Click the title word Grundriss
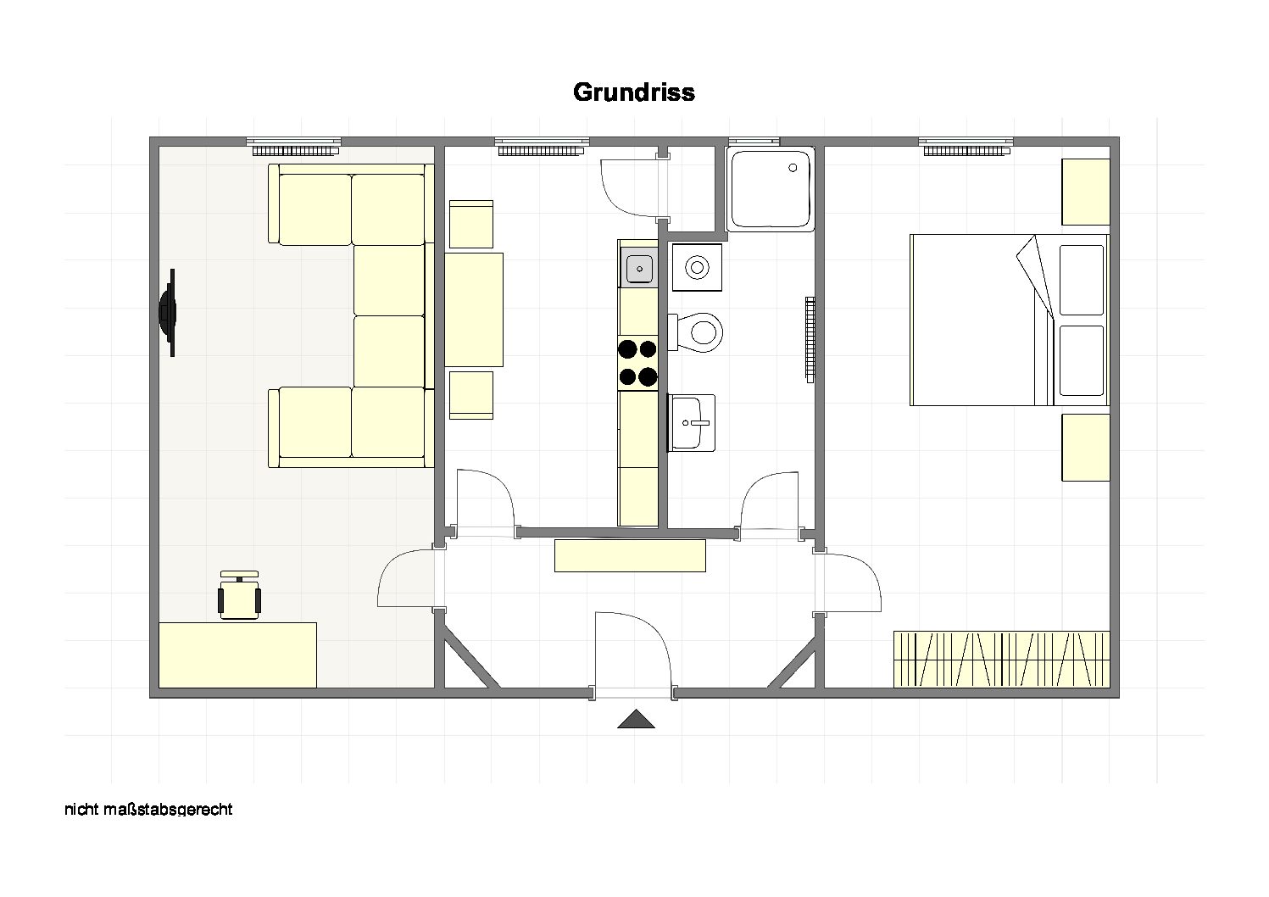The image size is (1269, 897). point(634,92)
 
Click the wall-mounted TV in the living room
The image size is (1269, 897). point(168,312)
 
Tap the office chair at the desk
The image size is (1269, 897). point(239,595)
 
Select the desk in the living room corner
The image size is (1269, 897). point(237,655)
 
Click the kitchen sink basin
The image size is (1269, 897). point(640,269)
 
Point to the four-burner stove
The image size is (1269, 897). point(638,363)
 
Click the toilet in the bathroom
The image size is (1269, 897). point(696,332)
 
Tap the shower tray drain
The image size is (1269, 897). point(793,168)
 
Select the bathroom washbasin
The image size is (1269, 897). point(691,423)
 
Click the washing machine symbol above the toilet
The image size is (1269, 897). point(697,267)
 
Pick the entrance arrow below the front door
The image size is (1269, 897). point(637,718)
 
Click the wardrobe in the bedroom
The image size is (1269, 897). point(1002,660)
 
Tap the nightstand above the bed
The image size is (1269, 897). point(1085,192)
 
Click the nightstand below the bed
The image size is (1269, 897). point(1085,448)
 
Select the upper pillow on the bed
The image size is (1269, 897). point(1082,280)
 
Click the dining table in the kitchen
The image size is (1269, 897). point(474,310)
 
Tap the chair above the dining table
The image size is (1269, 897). point(471,224)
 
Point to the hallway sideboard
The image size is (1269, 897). point(630,556)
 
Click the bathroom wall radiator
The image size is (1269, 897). point(810,339)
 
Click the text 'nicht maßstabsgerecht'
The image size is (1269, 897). point(148,809)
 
